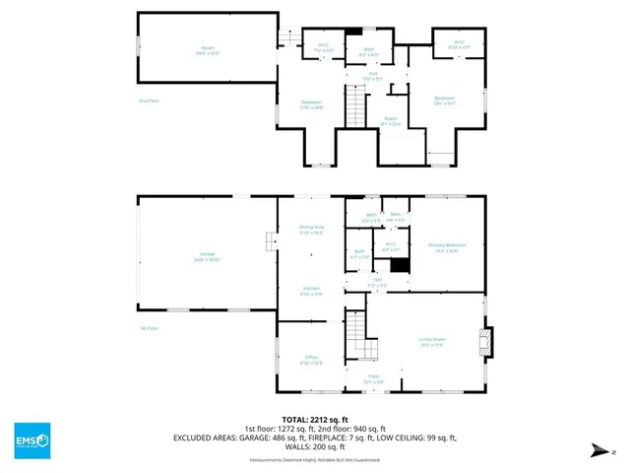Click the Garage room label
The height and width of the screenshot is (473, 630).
[208, 256]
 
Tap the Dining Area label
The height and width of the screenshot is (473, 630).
[311, 229]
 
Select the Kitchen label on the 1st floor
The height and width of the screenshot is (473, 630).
[311, 290]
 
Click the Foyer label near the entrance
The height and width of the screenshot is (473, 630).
[375, 378]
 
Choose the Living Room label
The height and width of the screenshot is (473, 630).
[432, 342]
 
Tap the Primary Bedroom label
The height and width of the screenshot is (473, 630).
[446, 247]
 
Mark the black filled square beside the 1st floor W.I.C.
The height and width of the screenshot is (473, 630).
[399, 265]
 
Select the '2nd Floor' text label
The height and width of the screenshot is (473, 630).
[149, 100]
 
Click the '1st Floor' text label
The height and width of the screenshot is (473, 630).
[149, 328]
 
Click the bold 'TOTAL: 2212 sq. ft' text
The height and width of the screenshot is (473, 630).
[315, 419]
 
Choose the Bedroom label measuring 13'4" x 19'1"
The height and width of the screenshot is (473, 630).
[445, 100]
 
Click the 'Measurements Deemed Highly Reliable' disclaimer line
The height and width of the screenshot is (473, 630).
[315, 460]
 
